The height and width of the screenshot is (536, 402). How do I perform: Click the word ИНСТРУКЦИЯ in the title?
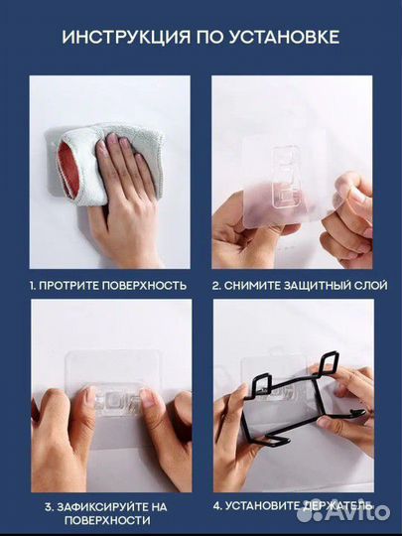[x=126, y=37]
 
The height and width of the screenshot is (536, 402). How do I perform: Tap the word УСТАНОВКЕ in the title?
[x=285, y=37]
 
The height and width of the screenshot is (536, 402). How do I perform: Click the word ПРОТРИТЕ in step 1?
[x=69, y=286]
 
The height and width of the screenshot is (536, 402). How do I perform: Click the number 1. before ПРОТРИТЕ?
[x=33, y=286]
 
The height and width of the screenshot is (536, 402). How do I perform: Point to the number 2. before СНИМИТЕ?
[x=216, y=286]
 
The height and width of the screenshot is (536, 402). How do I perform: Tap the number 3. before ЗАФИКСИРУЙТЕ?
[x=49, y=507]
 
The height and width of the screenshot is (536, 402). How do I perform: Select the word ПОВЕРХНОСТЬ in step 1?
[x=145, y=286]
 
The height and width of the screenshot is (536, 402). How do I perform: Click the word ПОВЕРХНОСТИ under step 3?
[x=107, y=521]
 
